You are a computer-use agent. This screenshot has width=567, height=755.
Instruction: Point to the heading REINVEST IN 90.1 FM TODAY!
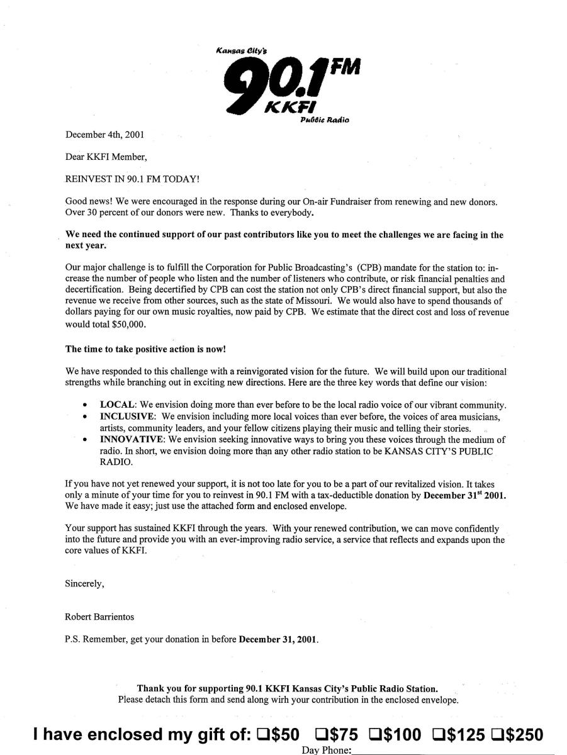pyautogui.click(x=132, y=179)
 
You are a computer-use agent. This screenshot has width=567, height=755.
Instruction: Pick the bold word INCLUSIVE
pyautogui.click(x=127, y=417)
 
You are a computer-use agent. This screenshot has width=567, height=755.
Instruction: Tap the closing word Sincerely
pyautogui.click(x=84, y=583)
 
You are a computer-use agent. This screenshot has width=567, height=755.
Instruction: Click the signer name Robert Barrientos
pyautogui.click(x=99, y=617)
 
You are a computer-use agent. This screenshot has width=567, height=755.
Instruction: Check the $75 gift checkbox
pyautogui.click(x=321, y=734)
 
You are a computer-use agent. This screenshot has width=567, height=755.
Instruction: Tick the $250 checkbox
pyautogui.click(x=497, y=734)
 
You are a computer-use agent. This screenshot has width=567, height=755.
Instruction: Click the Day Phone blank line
pyautogui.click(x=453, y=751)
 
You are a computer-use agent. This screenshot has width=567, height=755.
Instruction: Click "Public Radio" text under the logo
pyautogui.click(x=325, y=120)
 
